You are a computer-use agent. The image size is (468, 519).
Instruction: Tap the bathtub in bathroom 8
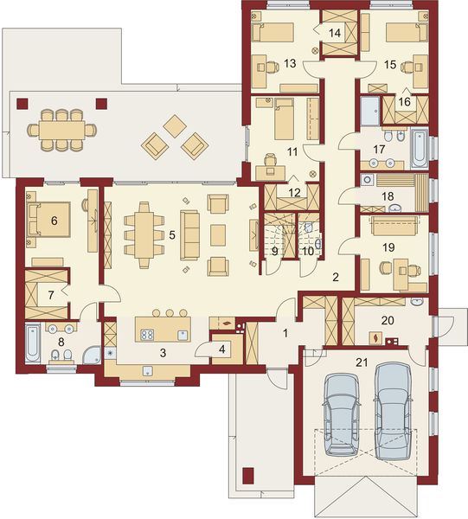[32, 343]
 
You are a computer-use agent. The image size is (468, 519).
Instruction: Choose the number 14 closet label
[336, 31]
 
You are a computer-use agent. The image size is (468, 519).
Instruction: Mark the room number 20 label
[388, 318]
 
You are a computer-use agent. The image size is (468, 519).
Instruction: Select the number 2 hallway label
[334, 277]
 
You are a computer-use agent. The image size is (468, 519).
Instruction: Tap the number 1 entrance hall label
[285, 332]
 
